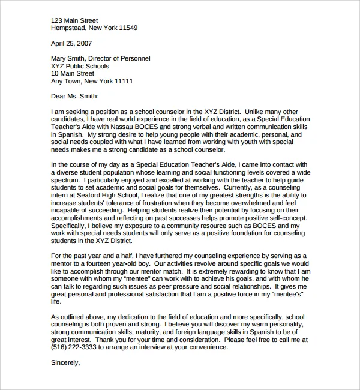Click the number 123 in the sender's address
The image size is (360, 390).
58,20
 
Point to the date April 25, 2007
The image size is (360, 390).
72,43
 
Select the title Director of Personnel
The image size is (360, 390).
122,59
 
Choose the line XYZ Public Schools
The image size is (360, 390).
80,67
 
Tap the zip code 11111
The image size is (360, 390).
122,82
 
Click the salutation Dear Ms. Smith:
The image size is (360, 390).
74,96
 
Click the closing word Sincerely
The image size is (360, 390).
65,362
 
